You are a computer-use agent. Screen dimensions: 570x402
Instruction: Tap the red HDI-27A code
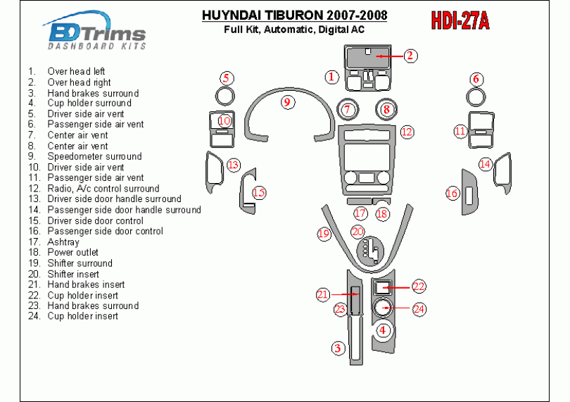[460, 20]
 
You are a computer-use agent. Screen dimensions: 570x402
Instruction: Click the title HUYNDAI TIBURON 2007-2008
[294, 15]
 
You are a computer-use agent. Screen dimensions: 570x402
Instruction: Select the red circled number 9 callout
[288, 102]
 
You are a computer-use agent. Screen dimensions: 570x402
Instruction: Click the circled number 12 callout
[407, 132]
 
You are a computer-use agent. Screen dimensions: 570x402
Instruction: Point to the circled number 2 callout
[410, 56]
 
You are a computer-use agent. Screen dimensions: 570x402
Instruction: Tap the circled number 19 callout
[324, 233]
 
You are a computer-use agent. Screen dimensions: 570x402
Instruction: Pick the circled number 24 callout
[419, 309]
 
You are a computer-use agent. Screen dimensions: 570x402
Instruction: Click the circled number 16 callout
[452, 193]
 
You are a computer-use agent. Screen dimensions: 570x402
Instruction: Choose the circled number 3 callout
[338, 348]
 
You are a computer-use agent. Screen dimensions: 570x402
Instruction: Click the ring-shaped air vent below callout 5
[225, 96]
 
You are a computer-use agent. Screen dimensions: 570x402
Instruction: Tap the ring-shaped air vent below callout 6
[476, 97]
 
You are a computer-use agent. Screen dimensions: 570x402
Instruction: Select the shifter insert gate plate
[370, 252]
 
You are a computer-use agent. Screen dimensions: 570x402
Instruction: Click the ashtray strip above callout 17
[359, 201]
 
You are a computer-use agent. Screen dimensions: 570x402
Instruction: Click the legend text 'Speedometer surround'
[94, 156]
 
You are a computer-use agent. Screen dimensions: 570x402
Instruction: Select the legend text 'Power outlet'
[72, 253]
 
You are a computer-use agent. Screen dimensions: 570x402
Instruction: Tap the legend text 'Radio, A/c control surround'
[103, 189]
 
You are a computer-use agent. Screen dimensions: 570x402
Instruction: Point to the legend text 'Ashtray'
[63, 242]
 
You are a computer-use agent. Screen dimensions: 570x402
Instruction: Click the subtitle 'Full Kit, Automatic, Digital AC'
[294, 30]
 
